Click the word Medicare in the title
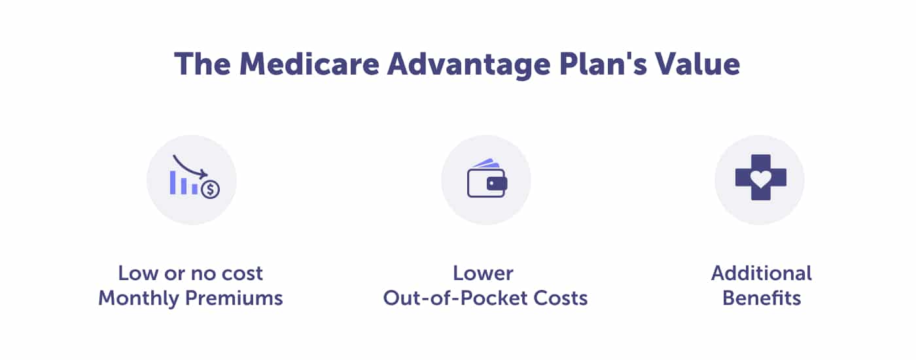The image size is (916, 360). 309,64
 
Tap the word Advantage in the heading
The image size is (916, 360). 468,66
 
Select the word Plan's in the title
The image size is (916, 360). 603,64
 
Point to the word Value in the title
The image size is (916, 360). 697,64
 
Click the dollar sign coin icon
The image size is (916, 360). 211,189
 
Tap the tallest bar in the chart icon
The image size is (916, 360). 173,183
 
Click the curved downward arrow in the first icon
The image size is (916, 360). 189,167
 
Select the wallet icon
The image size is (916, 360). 487,178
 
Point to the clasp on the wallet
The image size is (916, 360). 497,184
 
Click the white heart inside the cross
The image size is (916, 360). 760,179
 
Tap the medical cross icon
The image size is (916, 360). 760,177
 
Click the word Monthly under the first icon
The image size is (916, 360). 139,298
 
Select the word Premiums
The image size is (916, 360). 234,298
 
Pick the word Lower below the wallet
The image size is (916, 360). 483,274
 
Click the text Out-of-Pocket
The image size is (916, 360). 455,298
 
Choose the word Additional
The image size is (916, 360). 762,273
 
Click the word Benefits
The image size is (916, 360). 762,298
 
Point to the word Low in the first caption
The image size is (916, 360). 138,274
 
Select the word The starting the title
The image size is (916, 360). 202,64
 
